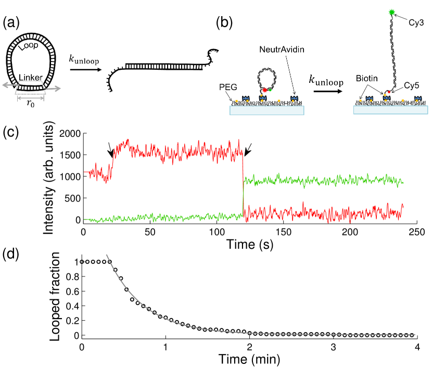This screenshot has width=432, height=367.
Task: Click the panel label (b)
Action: [x=225, y=23]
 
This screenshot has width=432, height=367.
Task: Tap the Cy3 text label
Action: [x=414, y=22]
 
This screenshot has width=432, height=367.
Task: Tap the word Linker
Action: [x=31, y=78]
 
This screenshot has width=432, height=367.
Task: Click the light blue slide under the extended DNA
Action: [x=390, y=110]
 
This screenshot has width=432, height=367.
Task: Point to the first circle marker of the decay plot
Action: [x=83, y=262]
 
